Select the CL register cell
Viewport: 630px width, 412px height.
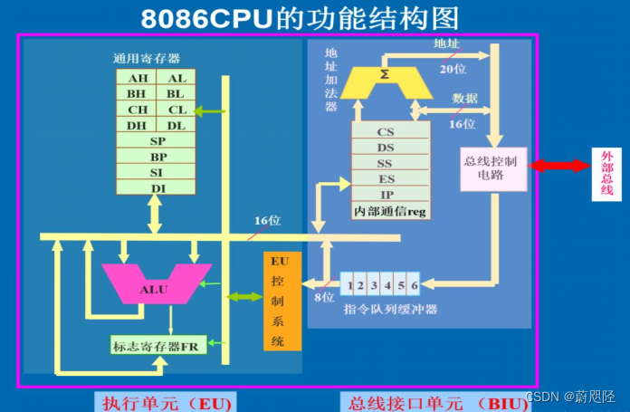point(176,110)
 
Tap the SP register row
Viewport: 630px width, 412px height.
point(156,141)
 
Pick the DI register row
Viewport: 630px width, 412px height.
point(156,187)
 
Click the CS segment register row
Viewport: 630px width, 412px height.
point(387,132)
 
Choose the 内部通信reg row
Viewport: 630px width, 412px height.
point(391,212)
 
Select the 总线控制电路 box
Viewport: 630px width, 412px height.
point(492,168)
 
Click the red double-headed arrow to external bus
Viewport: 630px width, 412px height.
point(559,166)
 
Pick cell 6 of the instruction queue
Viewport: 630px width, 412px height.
point(414,286)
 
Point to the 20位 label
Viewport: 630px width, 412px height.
point(453,70)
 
